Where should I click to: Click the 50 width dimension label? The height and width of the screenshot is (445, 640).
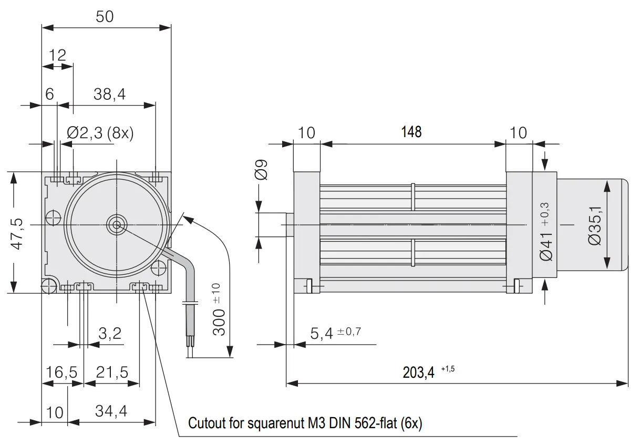(x=105, y=17)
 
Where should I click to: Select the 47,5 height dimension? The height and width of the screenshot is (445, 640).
(x=17, y=234)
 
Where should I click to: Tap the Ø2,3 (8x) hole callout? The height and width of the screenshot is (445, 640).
(x=100, y=133)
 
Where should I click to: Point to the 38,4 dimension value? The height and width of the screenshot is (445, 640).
(x=109, y=94)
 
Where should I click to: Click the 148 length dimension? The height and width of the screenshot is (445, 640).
(x=411, y=132)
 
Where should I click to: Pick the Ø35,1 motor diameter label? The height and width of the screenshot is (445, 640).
(x=595, y=225)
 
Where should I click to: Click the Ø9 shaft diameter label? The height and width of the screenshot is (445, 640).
(x=261, y=170)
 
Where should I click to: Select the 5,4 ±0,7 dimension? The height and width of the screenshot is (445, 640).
(x=336, y=333)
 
